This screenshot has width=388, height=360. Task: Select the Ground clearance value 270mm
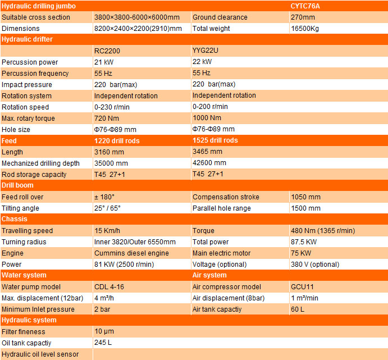pos(302,17)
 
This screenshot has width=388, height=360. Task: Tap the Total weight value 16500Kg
pos(305,29)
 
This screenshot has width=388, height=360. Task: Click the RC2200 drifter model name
pos(107,51)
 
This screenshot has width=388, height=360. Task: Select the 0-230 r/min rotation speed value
pos(112,107)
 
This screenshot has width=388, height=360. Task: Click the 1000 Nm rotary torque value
pos(207,119)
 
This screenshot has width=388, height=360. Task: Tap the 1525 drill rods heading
pos(215,140)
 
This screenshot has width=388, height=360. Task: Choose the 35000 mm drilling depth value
pos(111,163)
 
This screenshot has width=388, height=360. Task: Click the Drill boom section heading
pos(17,185)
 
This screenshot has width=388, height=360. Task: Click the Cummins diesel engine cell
pos(131,253)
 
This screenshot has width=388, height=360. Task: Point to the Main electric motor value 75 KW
pos(302,253)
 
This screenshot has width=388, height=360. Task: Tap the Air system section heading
pos(209,275)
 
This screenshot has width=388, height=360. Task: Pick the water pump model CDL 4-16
pos(109,287)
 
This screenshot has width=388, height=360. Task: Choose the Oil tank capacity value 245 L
pos(103,343)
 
